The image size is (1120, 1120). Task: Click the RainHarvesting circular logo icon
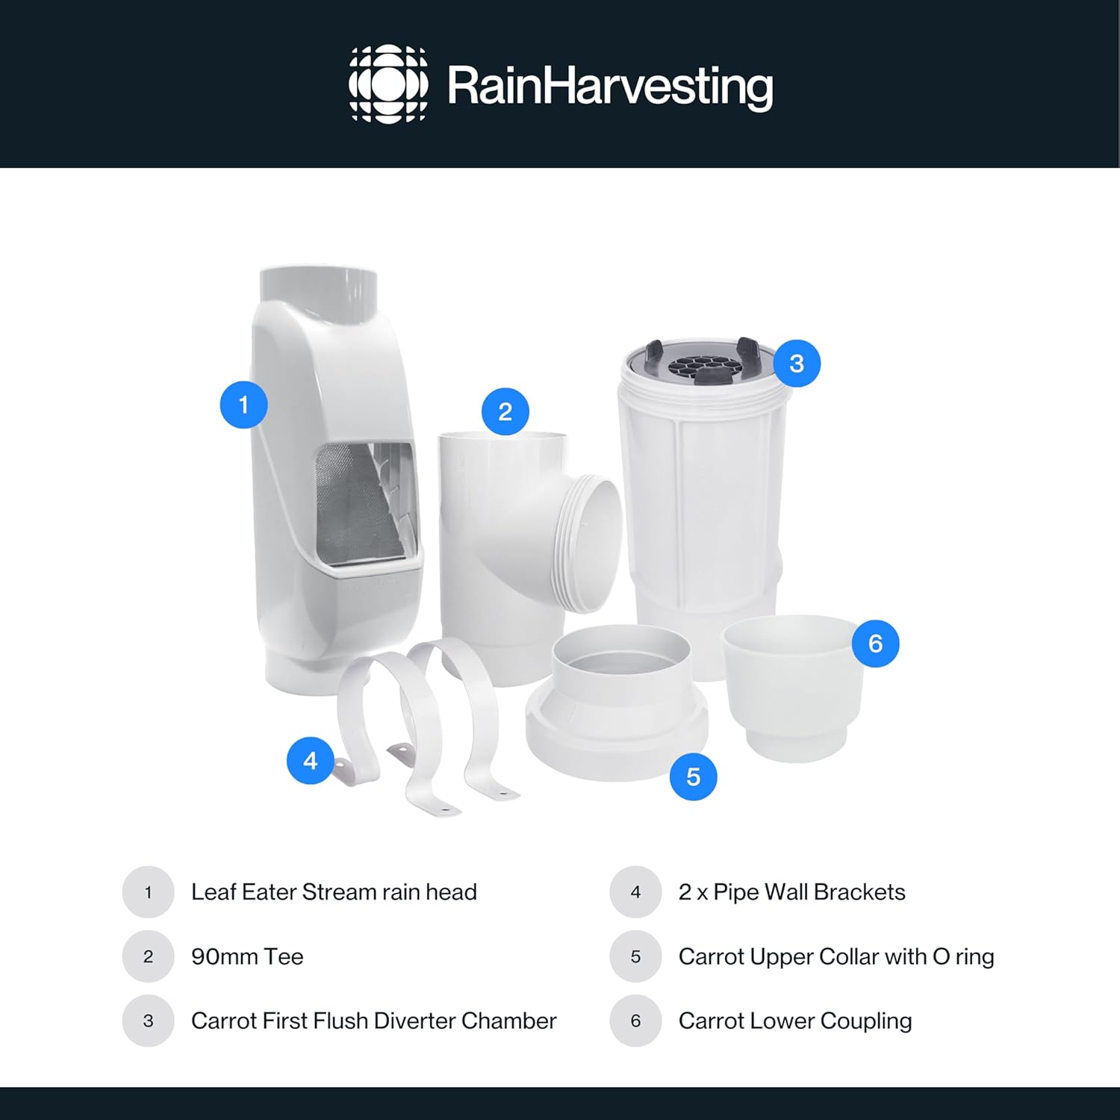[x=388, y=84]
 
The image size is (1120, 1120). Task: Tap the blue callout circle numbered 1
[x=243, y=405]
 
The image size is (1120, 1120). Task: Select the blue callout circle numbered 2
[x=505, y=411]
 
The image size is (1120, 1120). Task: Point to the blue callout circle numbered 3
[x=797, y=364]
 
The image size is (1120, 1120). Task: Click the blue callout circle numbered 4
[x=311, y=761]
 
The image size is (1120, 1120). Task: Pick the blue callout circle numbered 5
[x=693, y=777]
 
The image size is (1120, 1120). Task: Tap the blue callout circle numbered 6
[x=875, y=643]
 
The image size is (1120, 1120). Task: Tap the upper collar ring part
[x=617, y=702]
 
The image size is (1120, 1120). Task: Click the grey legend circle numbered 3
[x=148, y=1021]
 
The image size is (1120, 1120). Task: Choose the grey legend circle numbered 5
[x=635, y=956]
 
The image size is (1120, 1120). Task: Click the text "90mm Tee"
[x=247, y=956]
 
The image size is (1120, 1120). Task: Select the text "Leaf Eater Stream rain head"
[x=334, y=892]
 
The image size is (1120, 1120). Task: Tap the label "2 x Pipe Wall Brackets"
[x=791, y=892]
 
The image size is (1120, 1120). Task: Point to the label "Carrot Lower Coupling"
[x=795, y=1021]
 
